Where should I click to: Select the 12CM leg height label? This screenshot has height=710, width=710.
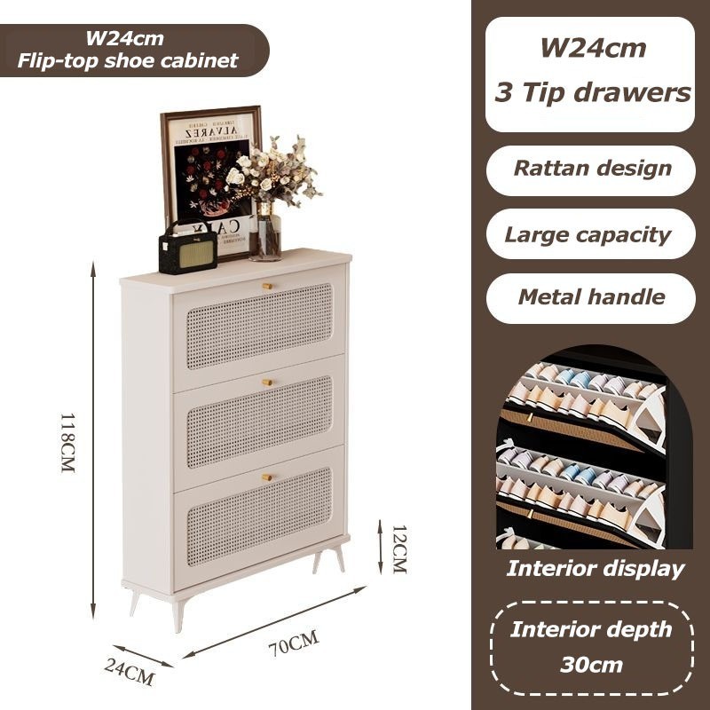click(398, 548)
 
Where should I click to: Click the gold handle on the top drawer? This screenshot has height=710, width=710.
click(267, 285)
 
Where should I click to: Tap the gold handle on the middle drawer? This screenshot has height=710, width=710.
click(267, 381)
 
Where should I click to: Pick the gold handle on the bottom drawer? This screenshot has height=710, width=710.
click(267, 477)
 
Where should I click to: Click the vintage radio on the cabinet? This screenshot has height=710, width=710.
click(187, 248)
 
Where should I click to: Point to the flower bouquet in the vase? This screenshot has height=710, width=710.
click(271, 173)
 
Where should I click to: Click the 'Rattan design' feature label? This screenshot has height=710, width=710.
click(592, 169)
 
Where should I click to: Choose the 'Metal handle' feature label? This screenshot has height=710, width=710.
click(592, 297)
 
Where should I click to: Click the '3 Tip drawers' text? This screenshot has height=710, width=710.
click(592, 92)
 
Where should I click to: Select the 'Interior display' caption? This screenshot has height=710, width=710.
click(596, 569)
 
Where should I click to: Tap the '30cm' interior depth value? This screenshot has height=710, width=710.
click(591, 664)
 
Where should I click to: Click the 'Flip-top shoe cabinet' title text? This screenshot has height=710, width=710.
click(129, 60)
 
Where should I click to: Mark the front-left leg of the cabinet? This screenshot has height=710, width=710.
click(180, 613)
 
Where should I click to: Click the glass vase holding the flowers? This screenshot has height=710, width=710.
click(265, 233)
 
